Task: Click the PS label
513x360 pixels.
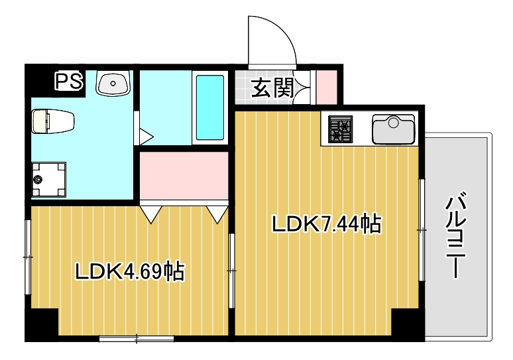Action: pos(68,82)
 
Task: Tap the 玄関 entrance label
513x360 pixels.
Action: pos(272,87)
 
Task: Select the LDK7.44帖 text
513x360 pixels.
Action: pos(326,225)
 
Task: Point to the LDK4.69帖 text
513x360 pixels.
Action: pos(129,270)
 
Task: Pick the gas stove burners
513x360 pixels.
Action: pos(341,129)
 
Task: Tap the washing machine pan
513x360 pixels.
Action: pos(47,180)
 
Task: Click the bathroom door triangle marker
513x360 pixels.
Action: pos(146,138)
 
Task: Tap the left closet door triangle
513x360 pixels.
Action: pos(151,213)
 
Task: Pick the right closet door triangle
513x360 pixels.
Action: pos(217,213)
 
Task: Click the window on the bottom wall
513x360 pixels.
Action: pos(137,339)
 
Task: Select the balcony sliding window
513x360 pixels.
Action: pos(422,229)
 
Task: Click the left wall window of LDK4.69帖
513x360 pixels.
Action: pos(28,256)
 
